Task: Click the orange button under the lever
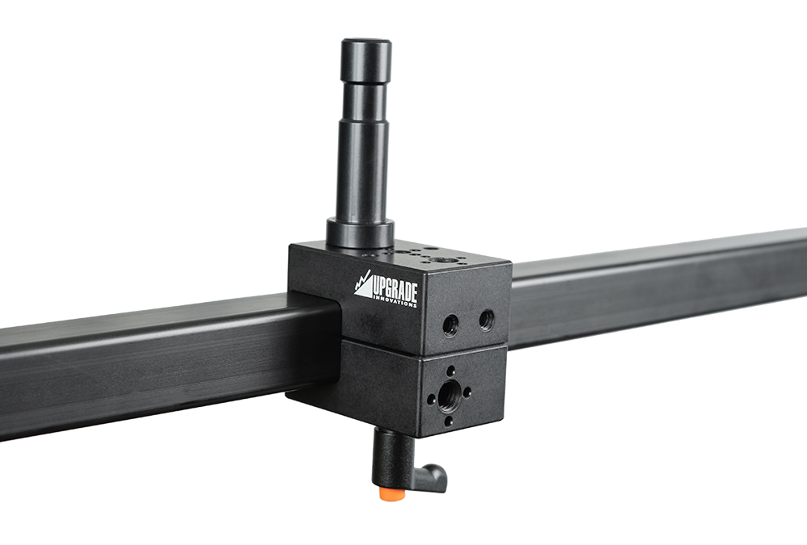click(x=392, y=494)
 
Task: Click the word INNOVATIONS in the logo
click(x=395, y=301)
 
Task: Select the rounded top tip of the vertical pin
click(x=366, y=44)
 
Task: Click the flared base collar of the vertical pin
click(x=360, y=234)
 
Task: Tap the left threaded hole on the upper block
click(x=451, y=325)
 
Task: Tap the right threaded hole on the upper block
click(x=487, y=320)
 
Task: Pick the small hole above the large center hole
click(x=451, y=371)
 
